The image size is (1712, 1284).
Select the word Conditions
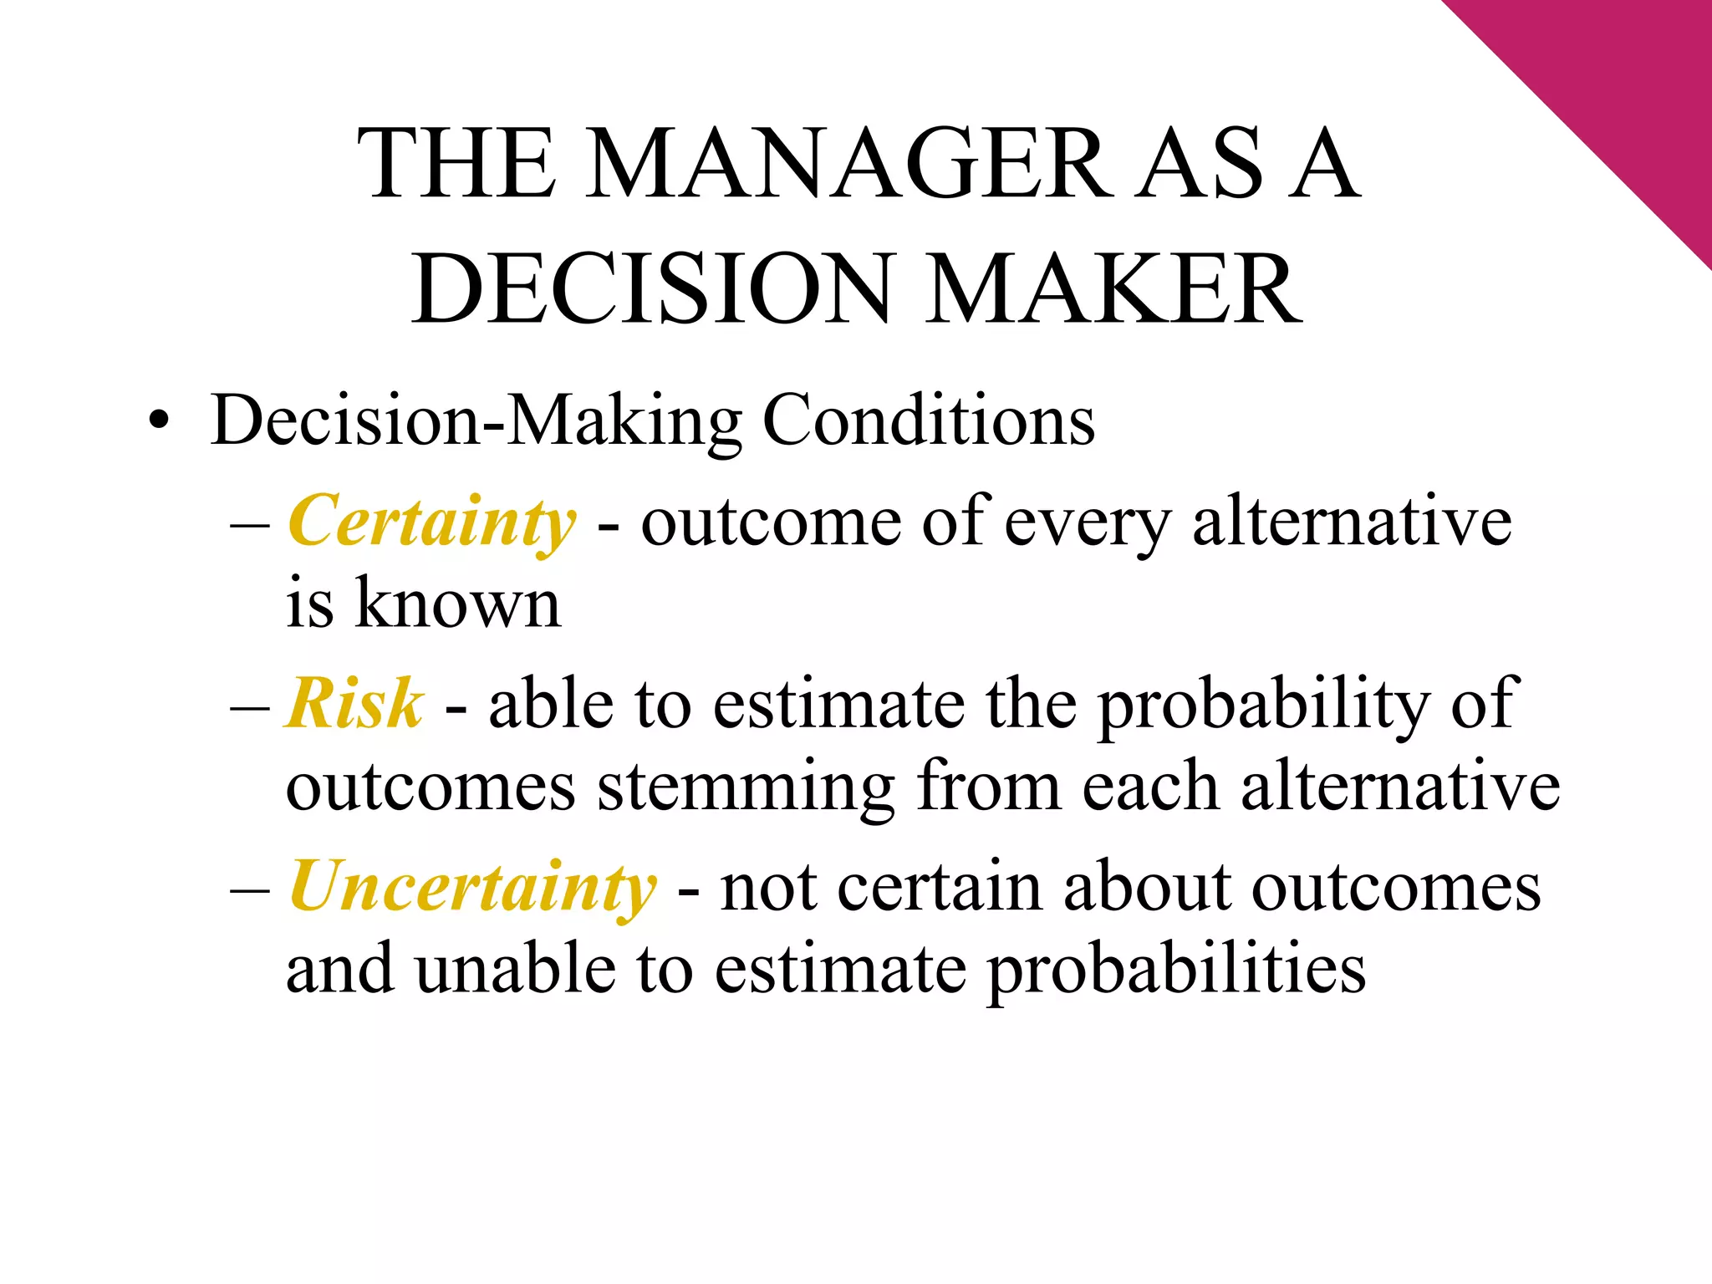pyautogui.click(x=929, y=420)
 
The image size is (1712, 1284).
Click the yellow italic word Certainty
pyautogui.click(x=432, y=522)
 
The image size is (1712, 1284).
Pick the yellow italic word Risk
pyautogui.click(x=354, y=704)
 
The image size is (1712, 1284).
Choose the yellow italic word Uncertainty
pyautogui.click(x=472, y=887)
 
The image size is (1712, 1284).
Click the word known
pyautogui.click(x=457, y=604)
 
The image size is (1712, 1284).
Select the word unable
pyautogui.click(x=516, y=969)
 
